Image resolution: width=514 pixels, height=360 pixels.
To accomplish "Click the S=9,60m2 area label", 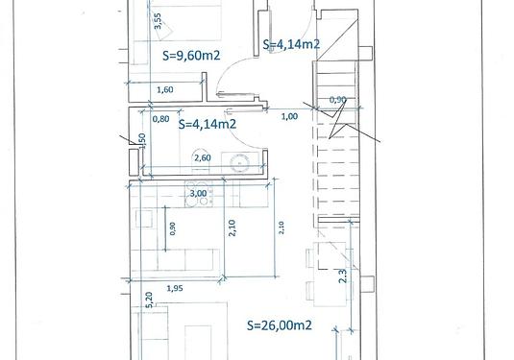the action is (191, 56).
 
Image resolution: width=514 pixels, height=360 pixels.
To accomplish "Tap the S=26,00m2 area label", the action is (280, 325).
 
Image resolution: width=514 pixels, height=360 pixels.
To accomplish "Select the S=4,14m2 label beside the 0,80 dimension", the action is (208, 124).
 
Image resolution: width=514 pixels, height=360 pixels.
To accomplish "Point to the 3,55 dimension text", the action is (158, 21).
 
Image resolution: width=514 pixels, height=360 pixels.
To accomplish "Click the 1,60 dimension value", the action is (165, 89).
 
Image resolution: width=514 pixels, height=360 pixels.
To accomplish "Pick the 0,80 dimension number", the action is (161, 119).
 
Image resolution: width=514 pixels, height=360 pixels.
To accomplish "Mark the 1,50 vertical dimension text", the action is (142, 141).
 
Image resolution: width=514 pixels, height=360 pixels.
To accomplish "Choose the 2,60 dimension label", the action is (203, 157).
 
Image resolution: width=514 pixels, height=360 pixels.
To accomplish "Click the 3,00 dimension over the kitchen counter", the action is (198, 193).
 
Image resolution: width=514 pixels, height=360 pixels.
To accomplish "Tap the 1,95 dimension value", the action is (175, 288).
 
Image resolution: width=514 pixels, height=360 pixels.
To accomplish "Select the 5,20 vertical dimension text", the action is (149, 300).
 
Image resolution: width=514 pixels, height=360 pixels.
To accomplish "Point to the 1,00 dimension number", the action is (290, 116).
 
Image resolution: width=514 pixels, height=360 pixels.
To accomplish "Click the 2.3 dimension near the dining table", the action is (343, 276).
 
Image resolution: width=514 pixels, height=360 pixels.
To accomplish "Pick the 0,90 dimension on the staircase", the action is (338, 99).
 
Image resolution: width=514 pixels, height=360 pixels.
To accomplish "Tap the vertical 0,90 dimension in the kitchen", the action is (173, 228).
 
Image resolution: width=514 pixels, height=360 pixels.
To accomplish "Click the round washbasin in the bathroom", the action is (239, 163).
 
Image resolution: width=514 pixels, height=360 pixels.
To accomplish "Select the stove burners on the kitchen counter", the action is (199, 197).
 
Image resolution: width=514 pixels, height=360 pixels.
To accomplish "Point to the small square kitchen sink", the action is (144, 218).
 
